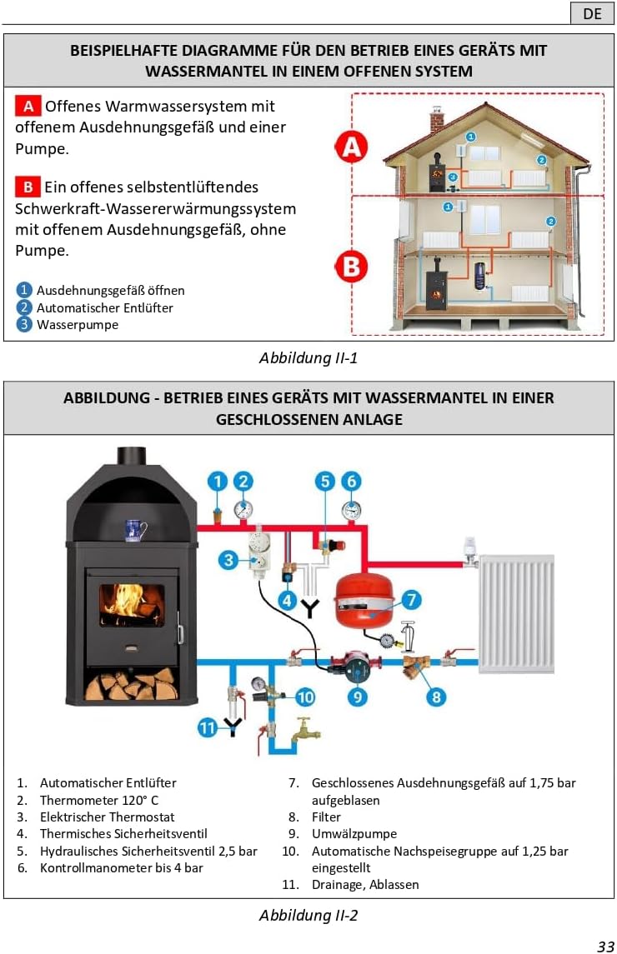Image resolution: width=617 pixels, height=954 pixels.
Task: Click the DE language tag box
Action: click(592, 14)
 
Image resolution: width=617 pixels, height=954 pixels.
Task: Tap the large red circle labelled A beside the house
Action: click(351, 147)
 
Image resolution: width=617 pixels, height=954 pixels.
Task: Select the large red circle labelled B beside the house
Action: click(351, 267)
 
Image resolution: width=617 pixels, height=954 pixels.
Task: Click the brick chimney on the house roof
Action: click(436, 119)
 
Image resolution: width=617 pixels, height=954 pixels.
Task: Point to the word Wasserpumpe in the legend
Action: click(78, 325)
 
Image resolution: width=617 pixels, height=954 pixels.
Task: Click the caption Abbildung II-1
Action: click(308, 358)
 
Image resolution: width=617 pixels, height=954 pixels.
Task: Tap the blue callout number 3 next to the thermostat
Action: click(229, 560)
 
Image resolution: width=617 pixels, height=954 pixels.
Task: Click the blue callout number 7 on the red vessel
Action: click(411, 598)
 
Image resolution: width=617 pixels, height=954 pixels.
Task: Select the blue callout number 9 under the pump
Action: click(358, 696)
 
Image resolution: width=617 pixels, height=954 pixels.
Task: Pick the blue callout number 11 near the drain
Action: click(208, 727)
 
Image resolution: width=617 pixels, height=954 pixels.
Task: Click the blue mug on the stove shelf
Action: click(135, 530)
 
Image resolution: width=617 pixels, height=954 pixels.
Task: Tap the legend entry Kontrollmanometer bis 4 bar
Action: click(121, 868)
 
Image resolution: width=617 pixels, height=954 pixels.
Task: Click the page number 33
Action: click(605, 945)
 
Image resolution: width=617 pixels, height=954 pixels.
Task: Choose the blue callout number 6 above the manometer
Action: click(351, 481)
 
